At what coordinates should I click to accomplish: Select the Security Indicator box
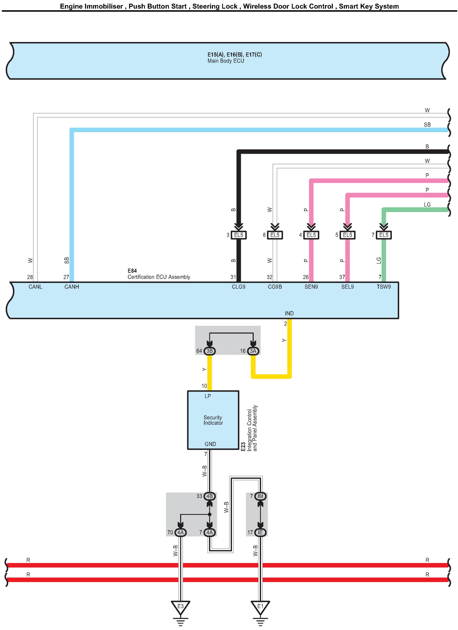click(213, 420)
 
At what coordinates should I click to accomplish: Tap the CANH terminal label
click(72, 287)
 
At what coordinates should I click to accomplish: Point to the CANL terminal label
click(35, 287)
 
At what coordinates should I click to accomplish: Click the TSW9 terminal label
click(384, 287)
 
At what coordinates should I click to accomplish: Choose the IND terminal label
click(289, 313)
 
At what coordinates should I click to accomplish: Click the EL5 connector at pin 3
click(239, 235)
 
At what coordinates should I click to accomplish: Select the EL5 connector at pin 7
click(384, 235)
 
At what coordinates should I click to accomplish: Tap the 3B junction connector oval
click(209, 351)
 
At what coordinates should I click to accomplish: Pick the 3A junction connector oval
click(253, 351)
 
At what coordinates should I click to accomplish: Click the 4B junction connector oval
click(209, 496)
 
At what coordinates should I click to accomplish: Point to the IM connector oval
click(260, 496)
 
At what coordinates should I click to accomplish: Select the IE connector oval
click(260, 532)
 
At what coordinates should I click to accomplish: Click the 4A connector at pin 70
click(180, 532)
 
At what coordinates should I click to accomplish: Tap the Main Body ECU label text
click(226, 61)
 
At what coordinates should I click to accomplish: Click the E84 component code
click(132, 270)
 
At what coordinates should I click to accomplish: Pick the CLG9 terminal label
click(239, 287)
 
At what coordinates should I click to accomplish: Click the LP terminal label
click(208, 396)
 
